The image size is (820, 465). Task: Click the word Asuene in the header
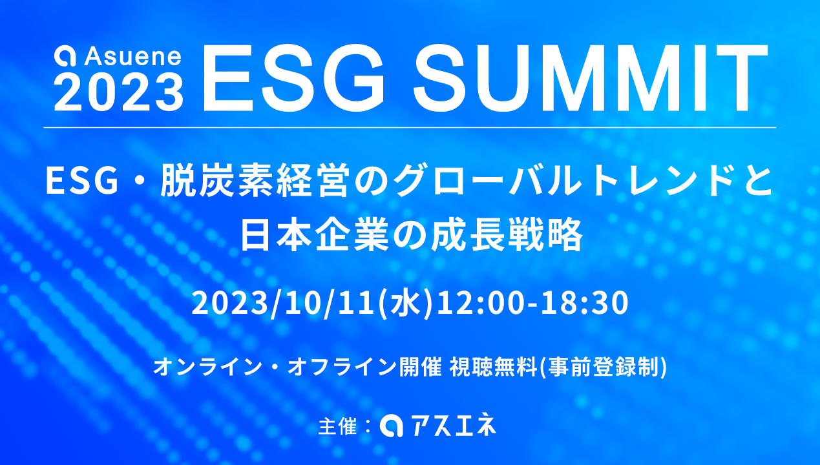coord(132,56)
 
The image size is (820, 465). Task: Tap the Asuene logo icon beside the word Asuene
coord(65,56)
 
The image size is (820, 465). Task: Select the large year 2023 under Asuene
coord(119,91)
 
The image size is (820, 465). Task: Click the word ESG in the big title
coord(293,78)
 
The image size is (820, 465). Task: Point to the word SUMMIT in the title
coord(590,78)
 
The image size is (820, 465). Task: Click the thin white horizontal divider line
coord(410,127)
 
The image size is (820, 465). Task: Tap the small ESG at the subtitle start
coord(82,181)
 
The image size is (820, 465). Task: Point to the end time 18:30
coord(585,303)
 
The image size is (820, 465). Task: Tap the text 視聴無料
coord(493,367)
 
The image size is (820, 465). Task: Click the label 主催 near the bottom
coord(337,426)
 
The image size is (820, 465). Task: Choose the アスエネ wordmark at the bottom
coord(454,425)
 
